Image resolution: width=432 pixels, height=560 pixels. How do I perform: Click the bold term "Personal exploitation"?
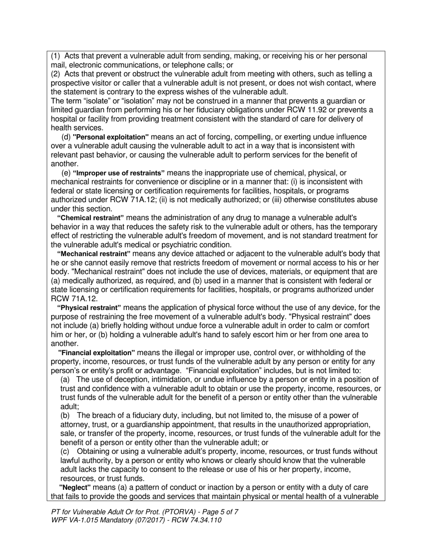(x=111, y=137)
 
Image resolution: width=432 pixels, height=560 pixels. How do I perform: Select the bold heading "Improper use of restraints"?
(x=119, y=173)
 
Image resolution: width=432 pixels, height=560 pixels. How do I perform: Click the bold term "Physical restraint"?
(x=89, y=308)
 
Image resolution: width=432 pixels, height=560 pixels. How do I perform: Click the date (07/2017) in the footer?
(x=143, y=520)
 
